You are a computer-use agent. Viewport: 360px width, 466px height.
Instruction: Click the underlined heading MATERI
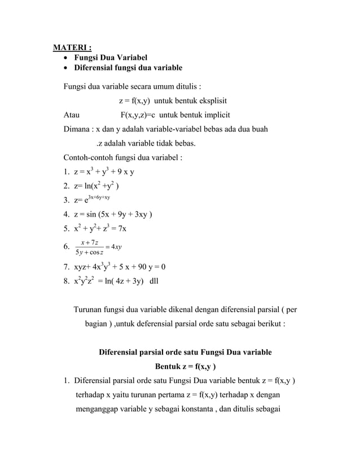point(72,46)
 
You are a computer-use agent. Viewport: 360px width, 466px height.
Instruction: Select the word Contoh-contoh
point(90,157)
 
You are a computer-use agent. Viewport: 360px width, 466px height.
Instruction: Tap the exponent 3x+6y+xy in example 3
point(101,197)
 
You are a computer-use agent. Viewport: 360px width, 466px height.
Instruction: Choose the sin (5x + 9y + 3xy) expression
point(119,214)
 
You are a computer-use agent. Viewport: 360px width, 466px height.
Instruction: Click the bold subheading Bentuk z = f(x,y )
point(185,366)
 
